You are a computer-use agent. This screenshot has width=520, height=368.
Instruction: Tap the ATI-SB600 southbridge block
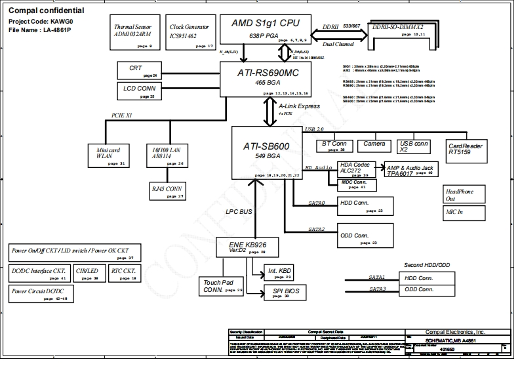[268, 152]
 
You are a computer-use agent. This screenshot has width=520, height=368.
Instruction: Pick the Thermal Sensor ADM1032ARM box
[133, 33]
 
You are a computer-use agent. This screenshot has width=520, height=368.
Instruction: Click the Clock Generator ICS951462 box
[190, 33]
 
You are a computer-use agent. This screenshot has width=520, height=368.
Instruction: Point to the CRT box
[139, 70]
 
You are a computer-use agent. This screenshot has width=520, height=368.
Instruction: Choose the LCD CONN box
[139, 91]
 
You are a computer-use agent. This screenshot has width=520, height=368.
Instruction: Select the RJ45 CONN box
[167, 191]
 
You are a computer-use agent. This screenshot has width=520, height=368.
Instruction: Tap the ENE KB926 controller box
[246, 247]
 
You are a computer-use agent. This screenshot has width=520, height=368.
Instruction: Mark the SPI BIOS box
[285, 292]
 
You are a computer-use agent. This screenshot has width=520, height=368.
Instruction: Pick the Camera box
[374, 144]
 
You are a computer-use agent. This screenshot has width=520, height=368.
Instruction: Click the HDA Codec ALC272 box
[355, 169]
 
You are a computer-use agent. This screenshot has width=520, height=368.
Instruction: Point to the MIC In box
[464, 212]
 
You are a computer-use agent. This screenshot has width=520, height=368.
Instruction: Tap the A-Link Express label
[299, 106]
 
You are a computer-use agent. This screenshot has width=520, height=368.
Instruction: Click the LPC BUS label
[239, 212]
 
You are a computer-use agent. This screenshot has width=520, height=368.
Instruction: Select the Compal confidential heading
[45, 11]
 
